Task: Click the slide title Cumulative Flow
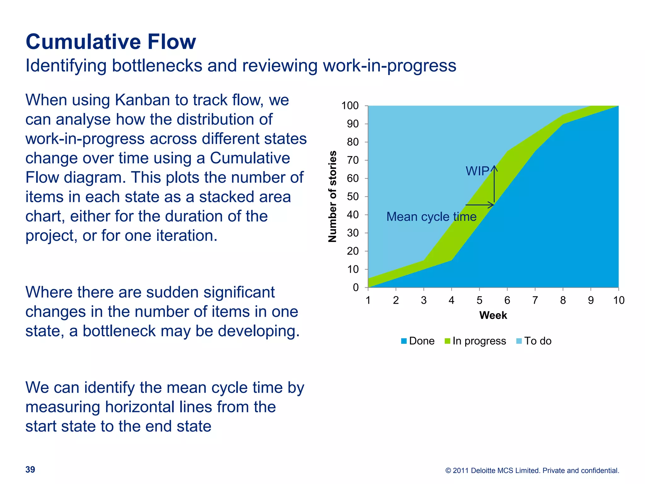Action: pyautogui.click(x=111, y=42)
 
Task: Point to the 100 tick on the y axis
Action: pyautogui.click(x=350, y=106)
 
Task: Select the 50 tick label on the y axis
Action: pyautogui.click(x=353, y=197)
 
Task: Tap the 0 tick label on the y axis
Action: pyautogui.click(x=356, y=287)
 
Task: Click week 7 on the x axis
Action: pyautogui.click(x=535, y=300)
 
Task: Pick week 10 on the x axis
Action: pyautogui.click(x=619, y=300)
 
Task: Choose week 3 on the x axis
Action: pyautogui.click(x=424, y=300)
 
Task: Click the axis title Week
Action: pyautogui.click(x=493, y=315)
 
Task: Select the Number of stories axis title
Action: pyautogui.click(x=333, y=197)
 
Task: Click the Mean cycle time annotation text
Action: pyautogui.click(x=431, y=217)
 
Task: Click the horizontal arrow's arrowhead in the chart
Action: pyautogui.click(x=492, y=205)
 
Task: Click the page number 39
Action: pyautogui.click(x=30, y=470)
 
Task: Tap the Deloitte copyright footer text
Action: pyautogui.click(x=532, y=470)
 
